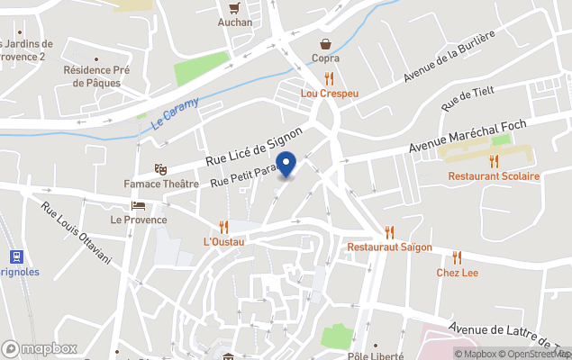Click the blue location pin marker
pyautogui.click(x=286, y=165)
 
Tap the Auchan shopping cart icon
pyautogui.click(x=235, y=8)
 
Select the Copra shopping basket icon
pyautogui.click(x=325, y=43)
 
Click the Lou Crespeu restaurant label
pyautogui.click(x=329, y=93)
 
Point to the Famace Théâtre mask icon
pyautogui.click(x=160, y=169)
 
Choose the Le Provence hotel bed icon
pyautogui.click(x=138, y=205)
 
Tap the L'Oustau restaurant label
pyautogui.click(x=224, y=241)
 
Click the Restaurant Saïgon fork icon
pyautogui.click(x=389, y=232)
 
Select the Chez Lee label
pyautogui.click(x=458, y=273)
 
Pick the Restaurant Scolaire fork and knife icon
pyautogui.click(x=494, y=161)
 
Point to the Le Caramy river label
pyautogui.click(x=176, y=112)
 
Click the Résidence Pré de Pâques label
pyautogui.click(x=98, y=76)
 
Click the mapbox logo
pyautogui.click(x=40, y=348)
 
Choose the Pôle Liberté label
pyautogui.click(x=375, y=355)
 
